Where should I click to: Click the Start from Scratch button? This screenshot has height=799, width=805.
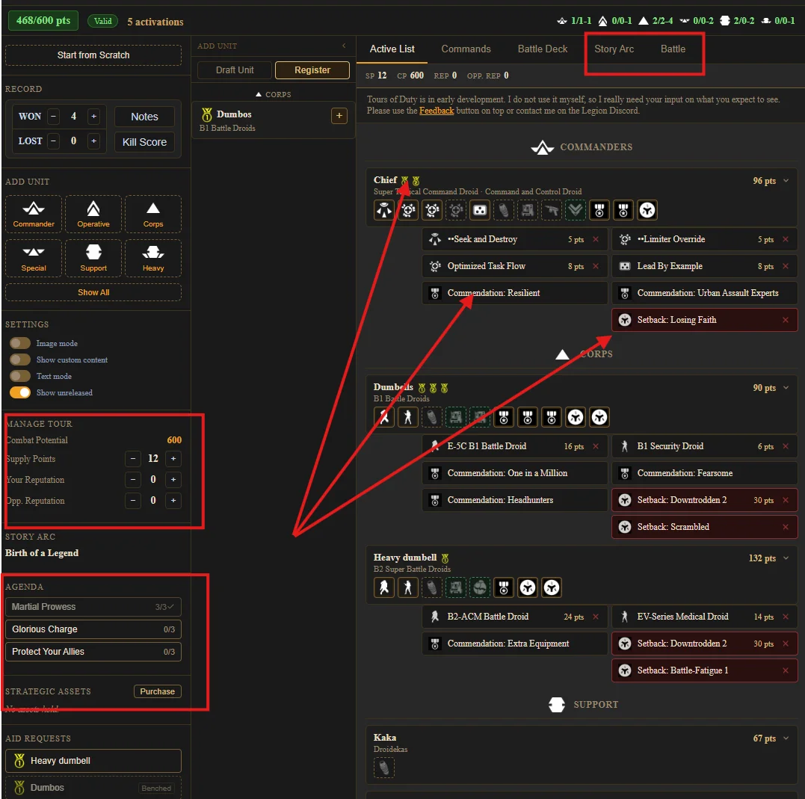[x=93, y=55]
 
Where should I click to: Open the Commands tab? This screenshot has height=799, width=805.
[x=466, y=49]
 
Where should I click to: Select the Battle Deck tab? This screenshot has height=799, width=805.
[x=542, y=49]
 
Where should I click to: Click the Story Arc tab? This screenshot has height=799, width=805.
[x=614, y=49]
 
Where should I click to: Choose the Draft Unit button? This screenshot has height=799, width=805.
[x=235, y=70]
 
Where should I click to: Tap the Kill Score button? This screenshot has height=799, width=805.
[x=144, y=142]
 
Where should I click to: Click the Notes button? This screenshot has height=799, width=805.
[x=144, y=117]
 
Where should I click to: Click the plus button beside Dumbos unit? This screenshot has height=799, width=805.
[x=339, y=116]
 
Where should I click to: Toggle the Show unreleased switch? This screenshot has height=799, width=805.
[x=20, y=392]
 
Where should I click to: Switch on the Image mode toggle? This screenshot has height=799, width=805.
[x=20, y=343]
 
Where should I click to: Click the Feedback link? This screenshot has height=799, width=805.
[x=437, y=111]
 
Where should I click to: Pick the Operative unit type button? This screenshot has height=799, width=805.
[x=93, y=214]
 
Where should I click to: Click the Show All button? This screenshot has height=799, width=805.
[x=93, y=292]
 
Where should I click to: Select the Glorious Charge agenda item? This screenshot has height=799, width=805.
[x=93, y=629]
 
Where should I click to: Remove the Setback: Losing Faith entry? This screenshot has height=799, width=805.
[x=785, y=320]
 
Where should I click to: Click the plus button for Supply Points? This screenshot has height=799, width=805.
[x=173, y=459]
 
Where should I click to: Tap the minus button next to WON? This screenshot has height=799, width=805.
[x=53, y=116]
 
